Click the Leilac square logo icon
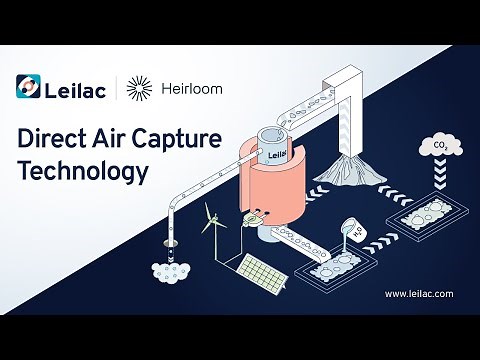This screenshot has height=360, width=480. coord(30,88)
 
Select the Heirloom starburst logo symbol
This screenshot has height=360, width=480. coord(141,88)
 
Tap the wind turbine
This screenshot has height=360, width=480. coord(211,222)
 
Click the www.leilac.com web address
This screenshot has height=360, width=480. coord(418,294)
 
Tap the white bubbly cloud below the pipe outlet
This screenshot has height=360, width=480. coord(171,270)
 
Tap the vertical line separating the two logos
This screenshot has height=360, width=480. coord(118,88)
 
